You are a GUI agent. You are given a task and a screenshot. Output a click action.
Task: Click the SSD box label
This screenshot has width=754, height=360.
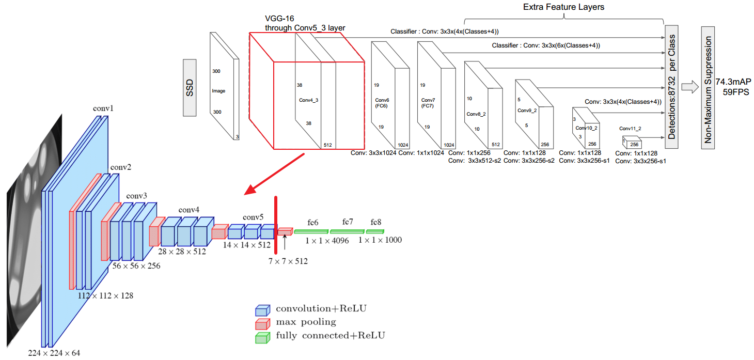[x=190, y=88]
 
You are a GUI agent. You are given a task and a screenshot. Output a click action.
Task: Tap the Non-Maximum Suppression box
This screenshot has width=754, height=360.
[x=708, y=88]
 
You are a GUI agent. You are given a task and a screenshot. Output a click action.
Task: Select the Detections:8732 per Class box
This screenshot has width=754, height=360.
[x=671, y=87]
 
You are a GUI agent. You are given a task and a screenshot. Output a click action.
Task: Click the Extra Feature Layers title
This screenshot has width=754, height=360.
[x=563, y=7]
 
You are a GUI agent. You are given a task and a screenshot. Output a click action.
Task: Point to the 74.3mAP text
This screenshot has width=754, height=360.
[x=733, y=82]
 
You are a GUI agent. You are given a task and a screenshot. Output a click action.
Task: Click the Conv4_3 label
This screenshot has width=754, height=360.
[x=308, y=100]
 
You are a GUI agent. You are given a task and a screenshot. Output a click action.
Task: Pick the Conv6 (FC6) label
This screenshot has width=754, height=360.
[x=382, y=103]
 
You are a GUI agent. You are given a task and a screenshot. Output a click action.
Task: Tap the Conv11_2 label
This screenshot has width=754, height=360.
[x=630, y=128]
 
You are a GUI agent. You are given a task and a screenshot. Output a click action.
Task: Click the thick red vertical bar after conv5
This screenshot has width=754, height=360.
[x=276, y=225]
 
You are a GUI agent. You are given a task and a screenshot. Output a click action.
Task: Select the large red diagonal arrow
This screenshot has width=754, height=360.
[x=274, y=174]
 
